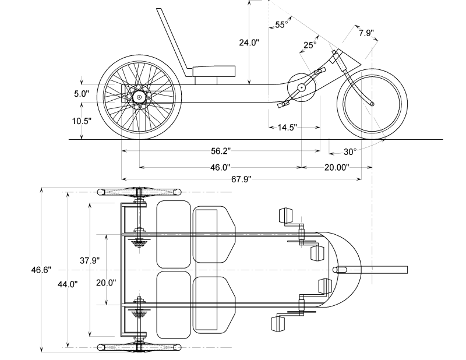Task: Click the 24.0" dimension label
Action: pos(249,43)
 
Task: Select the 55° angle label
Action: pos(281,25)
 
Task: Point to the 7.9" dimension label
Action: pos(366,33)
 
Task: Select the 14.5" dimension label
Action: pos(287,127)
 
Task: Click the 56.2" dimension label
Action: pos(221,151)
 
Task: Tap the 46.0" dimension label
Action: pos(220,167)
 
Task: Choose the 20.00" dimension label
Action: pos(336,167)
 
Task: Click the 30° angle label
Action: pos(349,152)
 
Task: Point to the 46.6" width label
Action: pos(41,270)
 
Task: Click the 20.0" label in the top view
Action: pos(106,283)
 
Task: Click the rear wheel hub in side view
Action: pos(139,97)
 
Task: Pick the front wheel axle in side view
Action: pos(373,104)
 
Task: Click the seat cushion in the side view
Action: pos(214,72)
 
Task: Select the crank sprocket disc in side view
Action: pos(301,88)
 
